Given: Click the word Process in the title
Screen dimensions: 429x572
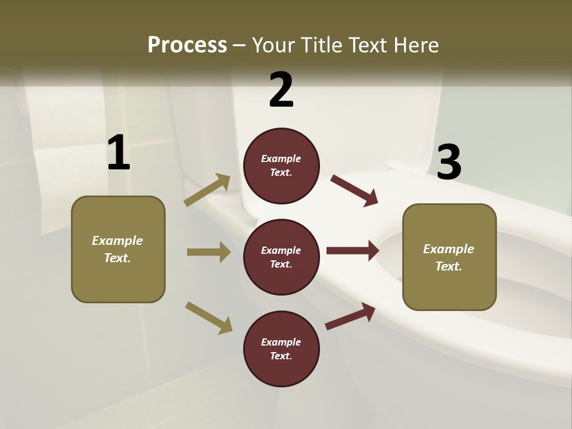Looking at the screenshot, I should [x=187, y=45].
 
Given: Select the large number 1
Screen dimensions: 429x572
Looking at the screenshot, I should [x=119, y=153].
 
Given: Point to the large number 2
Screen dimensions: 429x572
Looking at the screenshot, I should [x=281, y=90].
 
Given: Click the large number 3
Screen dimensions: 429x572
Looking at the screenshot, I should [x=449, y=163].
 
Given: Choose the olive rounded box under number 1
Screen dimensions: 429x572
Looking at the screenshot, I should [x=118, y=249].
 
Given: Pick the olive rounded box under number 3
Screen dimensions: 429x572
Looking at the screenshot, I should [x=449, y=257].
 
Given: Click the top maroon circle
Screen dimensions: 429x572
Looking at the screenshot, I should [x=281, y=166].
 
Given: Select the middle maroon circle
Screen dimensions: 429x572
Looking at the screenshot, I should [x=281, y=257].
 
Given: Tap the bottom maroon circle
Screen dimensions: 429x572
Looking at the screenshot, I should [x=281, y=349].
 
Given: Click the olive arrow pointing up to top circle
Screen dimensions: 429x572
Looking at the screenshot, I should [x=207, y=189].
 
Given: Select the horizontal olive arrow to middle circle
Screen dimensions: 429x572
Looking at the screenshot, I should [x=209, y=252].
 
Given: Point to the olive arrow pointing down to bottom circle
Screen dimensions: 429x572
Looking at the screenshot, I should [x=209, y=318].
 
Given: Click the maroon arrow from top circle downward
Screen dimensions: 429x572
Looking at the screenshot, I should [x=355, y=191].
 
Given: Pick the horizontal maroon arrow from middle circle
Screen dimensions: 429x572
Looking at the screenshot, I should [x=352, y=250].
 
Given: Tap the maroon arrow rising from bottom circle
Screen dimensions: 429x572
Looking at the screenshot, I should [x=350, y=316].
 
